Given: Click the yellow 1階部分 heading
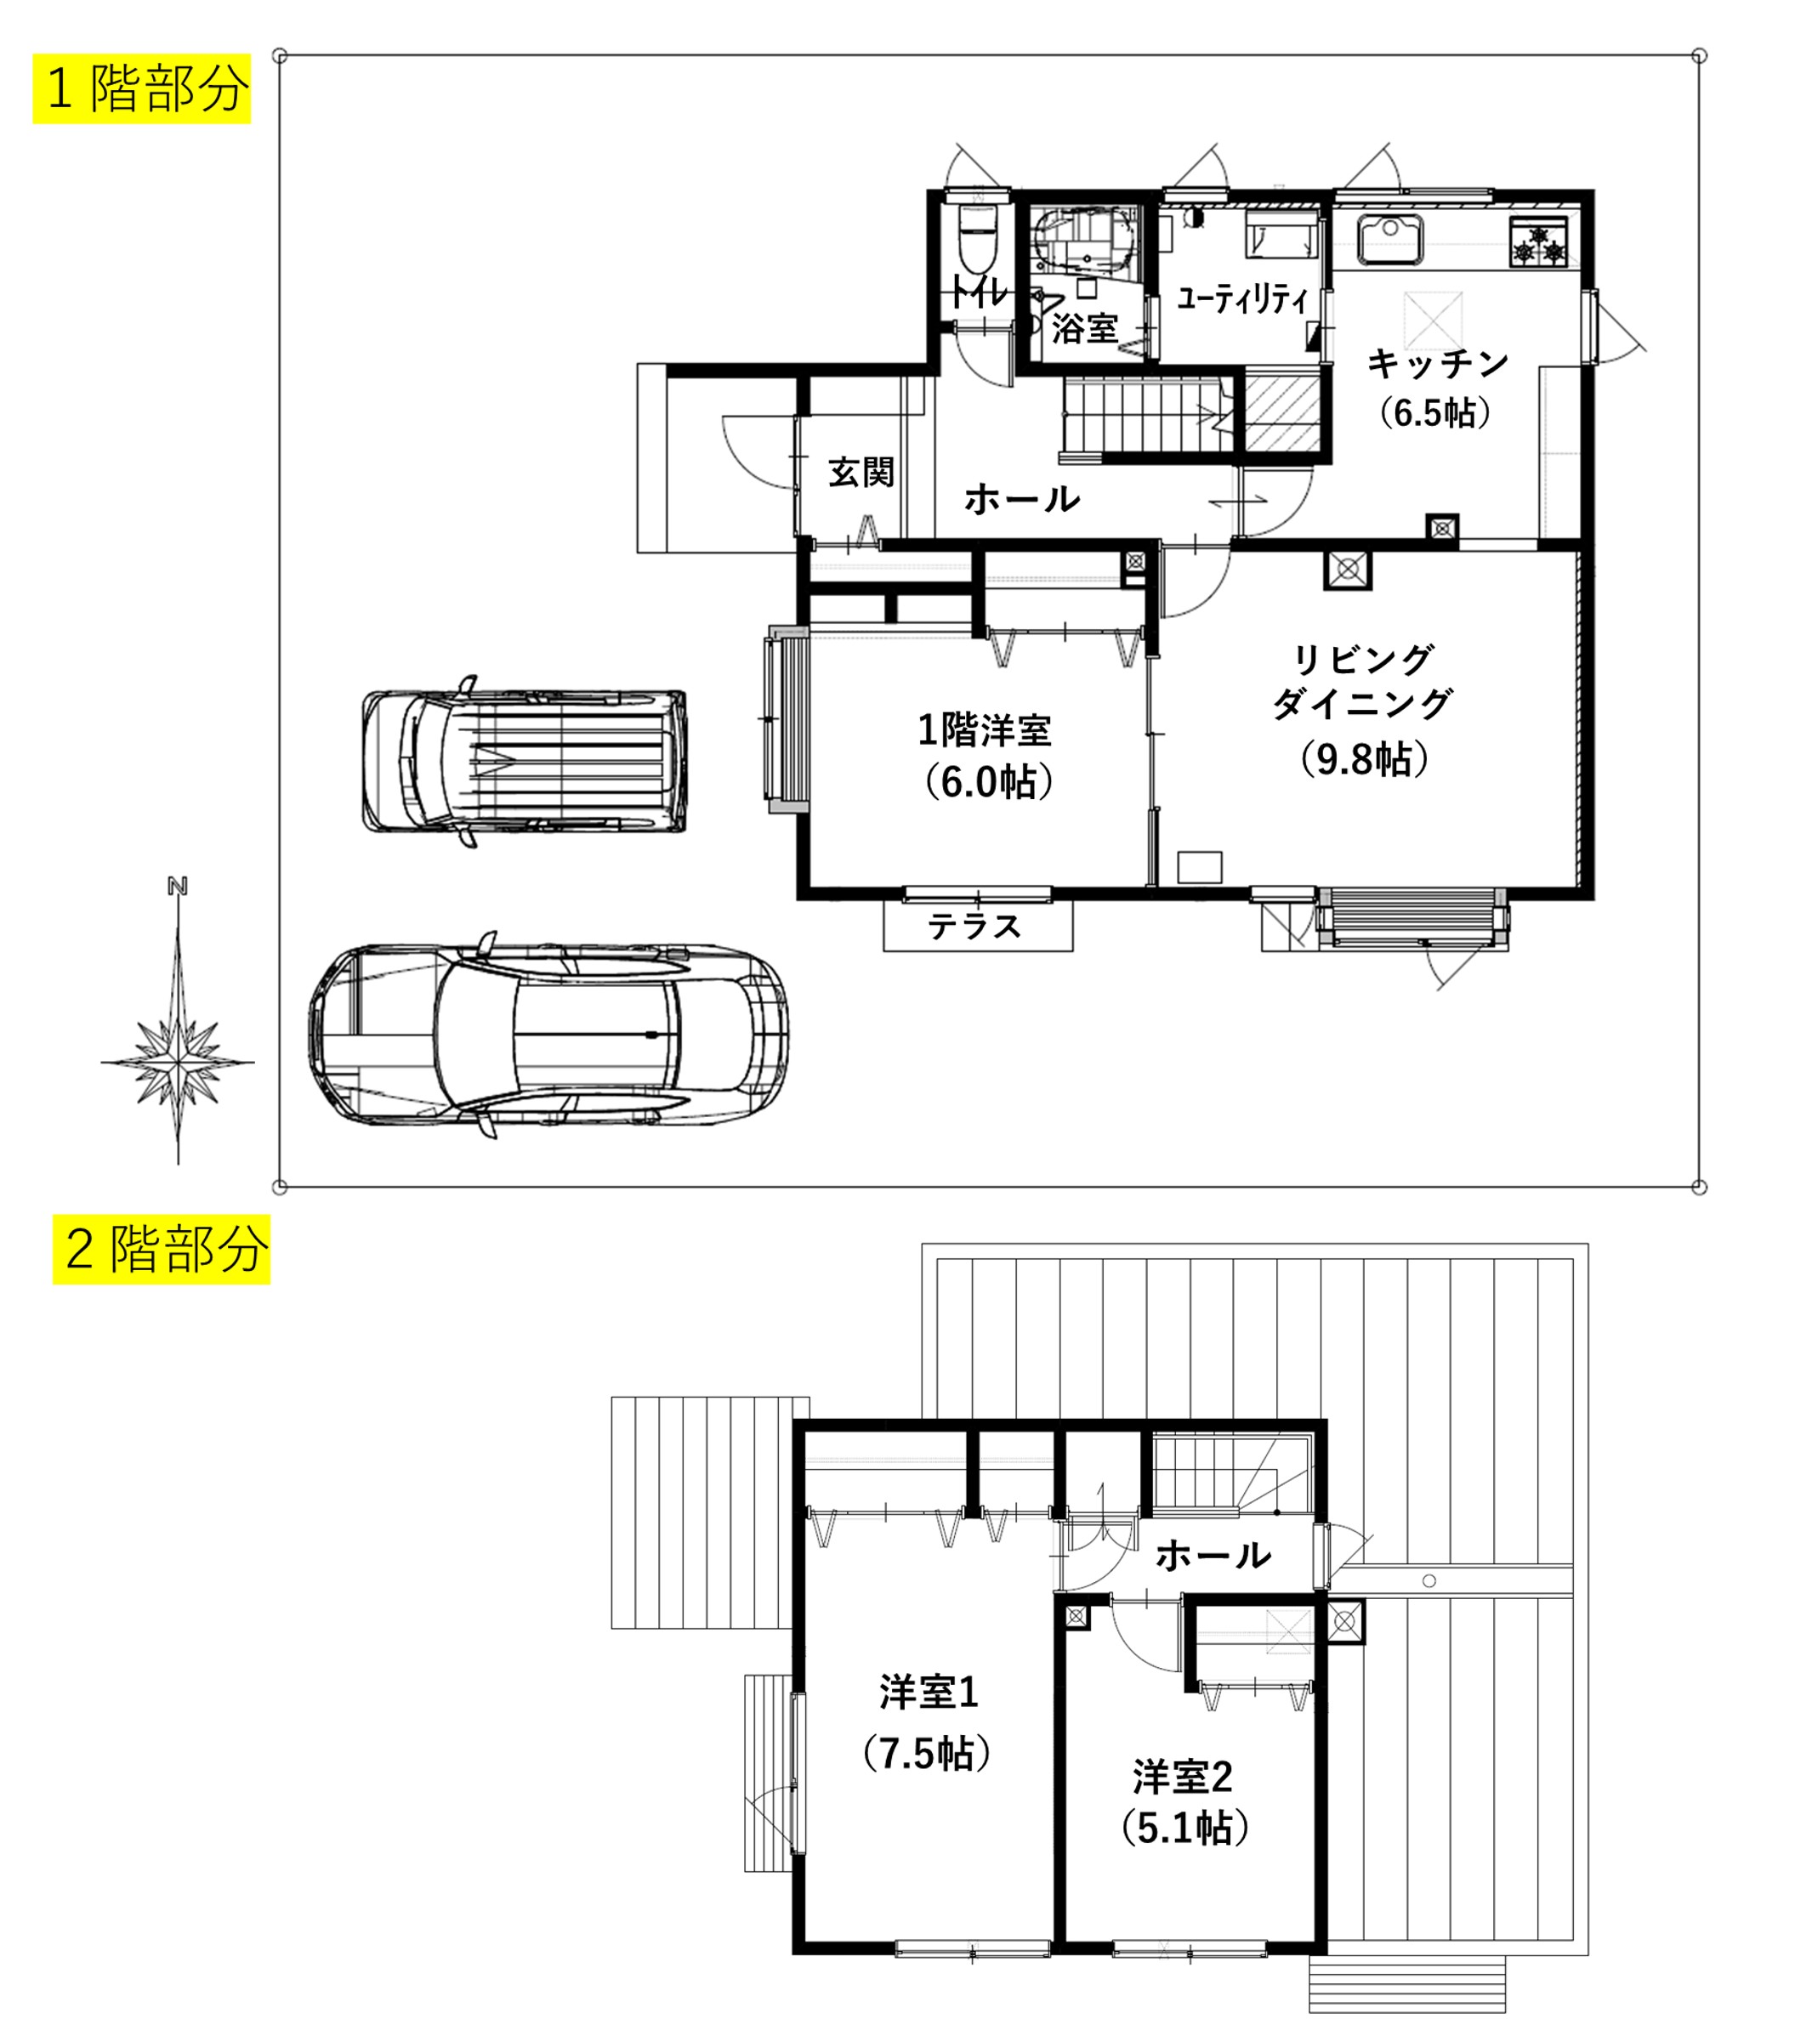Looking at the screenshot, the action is (x=142, y=89).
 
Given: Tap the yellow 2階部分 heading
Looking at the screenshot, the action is (x=161, y=1250).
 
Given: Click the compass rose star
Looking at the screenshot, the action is (x=178, y=1063).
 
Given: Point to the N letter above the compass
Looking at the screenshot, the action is (x=178, y=886).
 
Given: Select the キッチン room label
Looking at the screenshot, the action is (x=1437, y=365).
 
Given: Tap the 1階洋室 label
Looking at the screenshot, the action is (x=985, y=730).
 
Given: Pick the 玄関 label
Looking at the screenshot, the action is (x=861, y=472).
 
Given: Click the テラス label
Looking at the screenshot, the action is (x=975, y=927).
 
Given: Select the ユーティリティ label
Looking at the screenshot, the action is (x=1241, y=298).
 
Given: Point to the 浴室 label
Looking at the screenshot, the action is (x=1084, y=327).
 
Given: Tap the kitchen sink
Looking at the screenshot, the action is (x=1391, y=239).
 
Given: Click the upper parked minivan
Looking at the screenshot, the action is (x=525, y=761).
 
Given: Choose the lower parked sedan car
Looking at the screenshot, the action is (x=549, y=1035).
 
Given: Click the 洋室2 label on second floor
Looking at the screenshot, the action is (x=1183, y=1778).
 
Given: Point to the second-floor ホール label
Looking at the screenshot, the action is (x=1213, y=1556).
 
